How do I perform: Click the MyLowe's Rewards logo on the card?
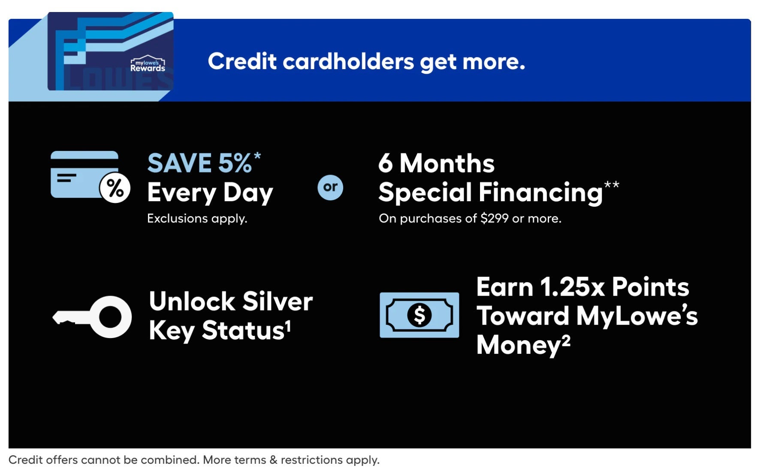tap(148, 64)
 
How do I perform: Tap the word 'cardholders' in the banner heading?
tap(348, 61)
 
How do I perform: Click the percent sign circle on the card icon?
tap(115, 188)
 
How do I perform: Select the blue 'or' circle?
tap(330, 187)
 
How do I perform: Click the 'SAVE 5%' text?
tap(199, 163)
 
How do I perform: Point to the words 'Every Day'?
tap(210, 193)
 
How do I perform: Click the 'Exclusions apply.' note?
tap(197, 218)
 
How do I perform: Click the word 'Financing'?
tap(541, 192)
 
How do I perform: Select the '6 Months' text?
tap(436, 163)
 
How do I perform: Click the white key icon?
tap(92, 317)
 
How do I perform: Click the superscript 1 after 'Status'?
tap(288, 326)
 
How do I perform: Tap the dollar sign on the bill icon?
tap(419, 315)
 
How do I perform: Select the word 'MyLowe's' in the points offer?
tap(637, 316)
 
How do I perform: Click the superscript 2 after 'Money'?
tap(566, 341)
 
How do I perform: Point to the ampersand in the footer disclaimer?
tap(274, 460)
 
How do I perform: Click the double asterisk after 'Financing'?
tap(612, 185)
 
